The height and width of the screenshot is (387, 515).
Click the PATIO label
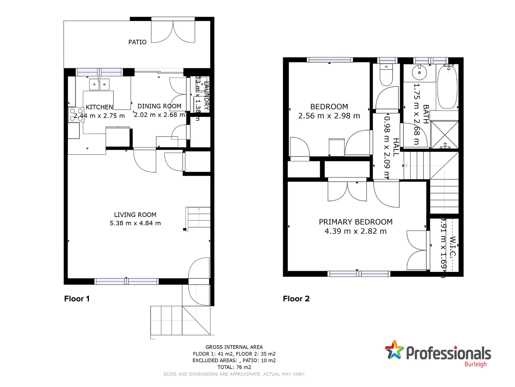[137, 42]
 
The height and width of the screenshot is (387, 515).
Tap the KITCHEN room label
[99, 107]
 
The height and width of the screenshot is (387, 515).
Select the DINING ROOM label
[159, 106]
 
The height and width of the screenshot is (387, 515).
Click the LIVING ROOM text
[135, 215]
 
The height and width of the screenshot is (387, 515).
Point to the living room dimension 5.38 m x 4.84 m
[135, 223]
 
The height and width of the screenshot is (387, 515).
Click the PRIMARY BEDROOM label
[355, 222]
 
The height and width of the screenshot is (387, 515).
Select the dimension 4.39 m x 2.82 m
[355, 231]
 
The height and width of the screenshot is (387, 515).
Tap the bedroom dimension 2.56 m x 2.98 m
[329, 116]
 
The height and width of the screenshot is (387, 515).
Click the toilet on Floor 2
[386, 75]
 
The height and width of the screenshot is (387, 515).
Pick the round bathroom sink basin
[419, 73]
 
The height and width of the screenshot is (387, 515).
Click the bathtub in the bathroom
[447, 87]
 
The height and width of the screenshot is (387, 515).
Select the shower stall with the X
[444, 135]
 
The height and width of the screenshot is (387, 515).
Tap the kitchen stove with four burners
[76, 115]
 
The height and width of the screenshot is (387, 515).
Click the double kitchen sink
[99, 85]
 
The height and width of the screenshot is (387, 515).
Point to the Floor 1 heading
[77, 298]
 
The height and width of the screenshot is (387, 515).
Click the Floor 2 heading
[296, 298]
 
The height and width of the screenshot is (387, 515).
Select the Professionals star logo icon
[394, 350]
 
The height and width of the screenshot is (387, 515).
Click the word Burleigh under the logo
[475, 364]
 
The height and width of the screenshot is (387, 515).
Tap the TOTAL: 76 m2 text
[234, 367]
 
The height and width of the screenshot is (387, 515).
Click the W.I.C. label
[453, 247]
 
